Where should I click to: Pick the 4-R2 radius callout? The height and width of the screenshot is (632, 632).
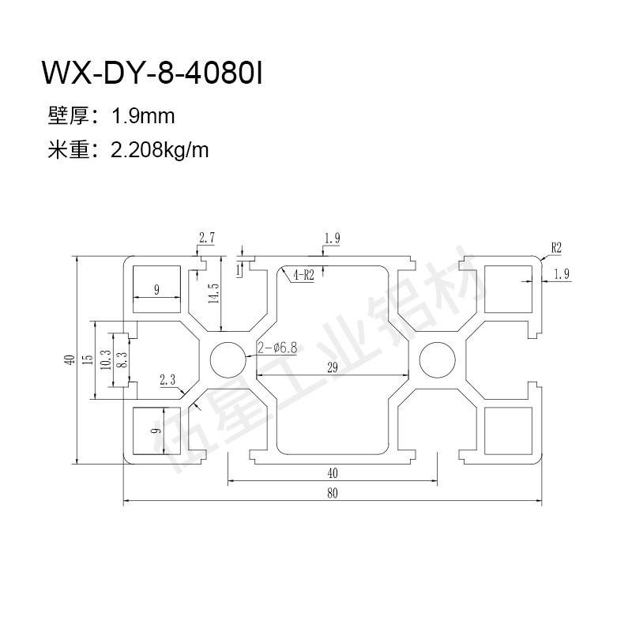pos(303,276)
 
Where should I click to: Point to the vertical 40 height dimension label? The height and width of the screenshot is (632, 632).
pos(70,359)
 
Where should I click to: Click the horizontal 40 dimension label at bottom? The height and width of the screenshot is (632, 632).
pos(332,473)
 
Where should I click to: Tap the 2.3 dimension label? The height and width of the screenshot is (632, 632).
pos(167,380)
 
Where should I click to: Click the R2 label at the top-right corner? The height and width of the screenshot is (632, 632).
pos(555,247)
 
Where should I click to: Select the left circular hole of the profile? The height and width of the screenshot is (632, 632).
pos(228,360)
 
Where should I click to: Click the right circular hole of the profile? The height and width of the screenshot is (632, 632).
pos(437,360)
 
